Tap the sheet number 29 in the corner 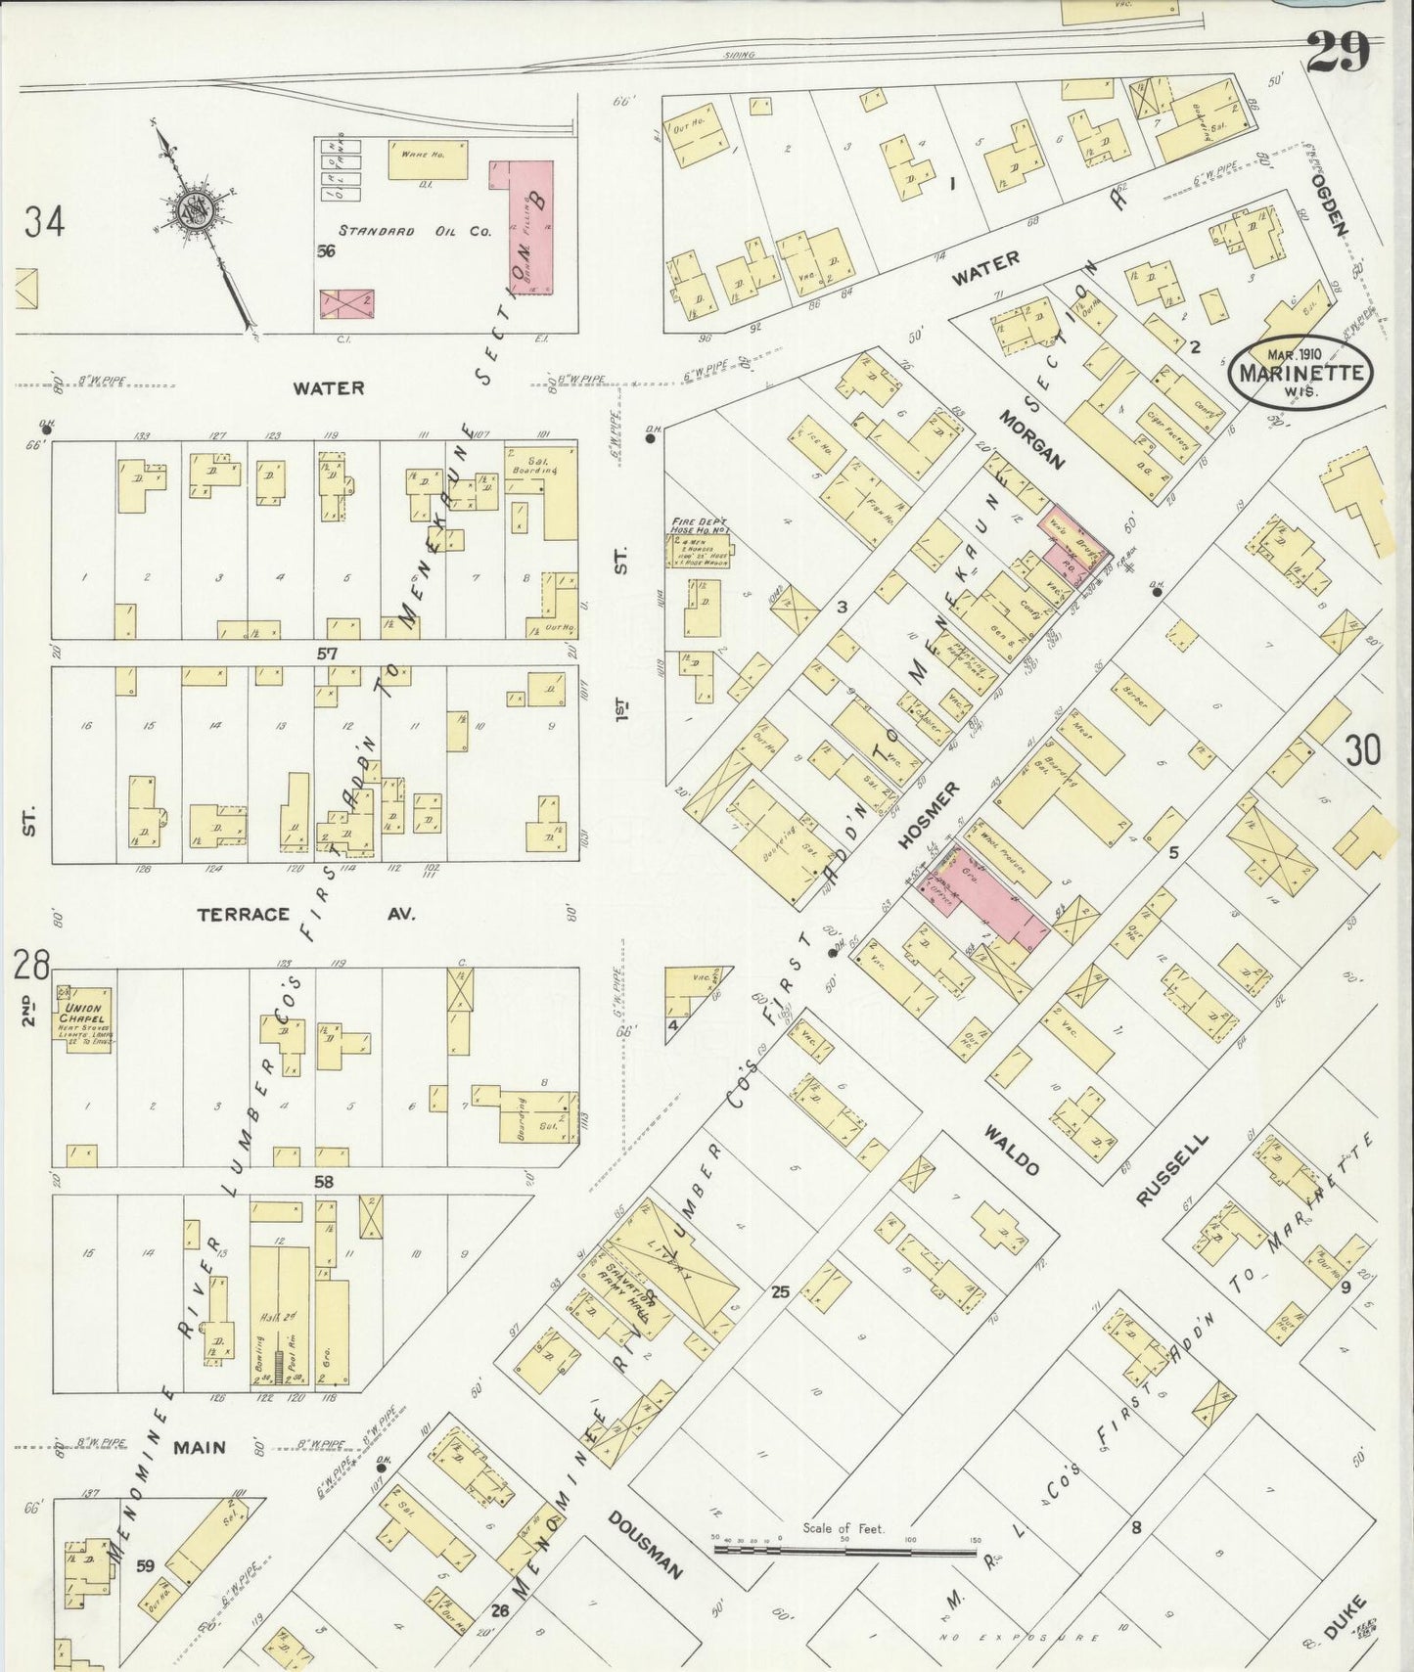[1338, 51]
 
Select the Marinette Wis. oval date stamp [1301, 372]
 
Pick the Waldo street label [1012, 1150]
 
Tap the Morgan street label [1030, 439]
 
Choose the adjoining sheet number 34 [45, 222]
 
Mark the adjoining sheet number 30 [1362, 750]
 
